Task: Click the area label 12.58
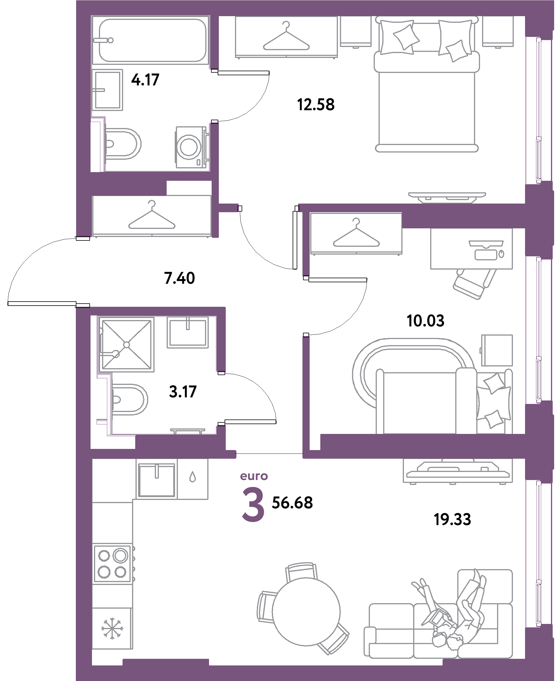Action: click(316, 105)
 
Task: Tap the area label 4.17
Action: click(145, 80)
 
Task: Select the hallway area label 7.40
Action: click(179, 278)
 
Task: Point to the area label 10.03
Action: click(425, 321)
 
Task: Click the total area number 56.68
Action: click(292, 503)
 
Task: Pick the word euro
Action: click(254, 476)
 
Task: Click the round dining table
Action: click(306, 612)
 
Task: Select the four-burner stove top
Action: click(112, 564)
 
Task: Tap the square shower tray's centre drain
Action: click(126, 345)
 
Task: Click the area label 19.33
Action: click(452, 520)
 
